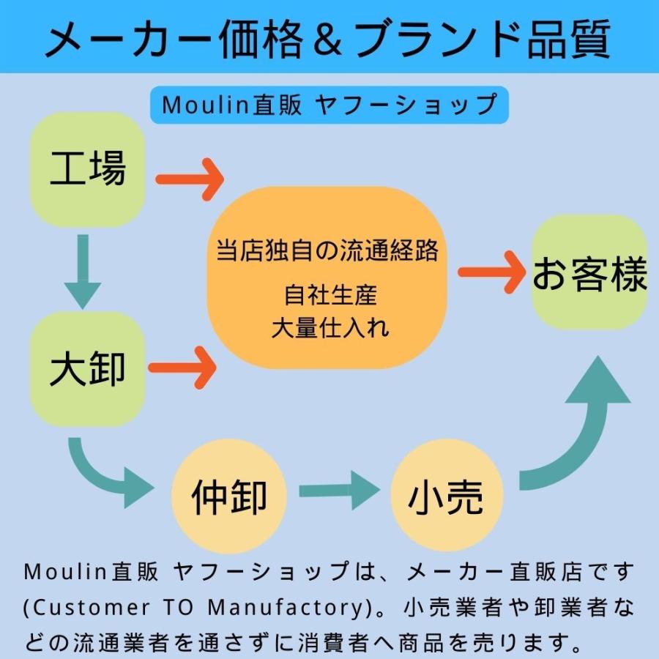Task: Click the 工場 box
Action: (87, 169)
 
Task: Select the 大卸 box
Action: (87, 369)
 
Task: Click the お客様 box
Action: (589, 273)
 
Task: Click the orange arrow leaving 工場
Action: (189, 179)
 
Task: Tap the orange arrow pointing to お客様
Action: (491, 272)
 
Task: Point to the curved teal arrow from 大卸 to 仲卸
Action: (103, 473)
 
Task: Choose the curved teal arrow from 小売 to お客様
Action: (579, 432)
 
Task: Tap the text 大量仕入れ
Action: (330, 327)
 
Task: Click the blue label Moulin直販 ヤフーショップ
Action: (329, 105)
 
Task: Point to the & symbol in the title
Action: (328, 40)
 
